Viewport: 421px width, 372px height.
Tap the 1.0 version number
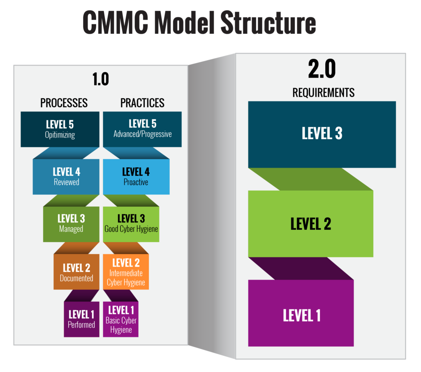click(x=100, y=79)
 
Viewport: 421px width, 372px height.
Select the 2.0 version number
click(x=322, y=70)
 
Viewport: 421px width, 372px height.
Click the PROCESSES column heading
click(x=64, y=103)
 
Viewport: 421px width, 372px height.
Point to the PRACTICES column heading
click(x=142, y=103)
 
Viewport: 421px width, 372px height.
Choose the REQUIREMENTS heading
click(x=323, y=92)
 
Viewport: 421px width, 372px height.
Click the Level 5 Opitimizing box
click(x=60, y=129)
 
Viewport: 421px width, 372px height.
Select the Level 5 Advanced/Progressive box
click(x=142, y=129)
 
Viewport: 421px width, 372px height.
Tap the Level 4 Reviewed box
click(x=66, y=176)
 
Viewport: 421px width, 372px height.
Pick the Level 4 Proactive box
click(x=136, y=176)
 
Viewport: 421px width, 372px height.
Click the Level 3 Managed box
click(x=71, y=224)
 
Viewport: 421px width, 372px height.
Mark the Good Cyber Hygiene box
click(x=131, y=224)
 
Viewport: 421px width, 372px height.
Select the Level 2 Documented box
click(x=76, y=272)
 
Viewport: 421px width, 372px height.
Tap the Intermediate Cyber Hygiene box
click(x=126, y=272)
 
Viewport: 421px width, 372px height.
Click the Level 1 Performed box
click(x=81, y=319)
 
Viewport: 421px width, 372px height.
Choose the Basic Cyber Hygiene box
click(x=121, y=319)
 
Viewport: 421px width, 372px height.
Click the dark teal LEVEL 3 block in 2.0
click(x=322, y=134)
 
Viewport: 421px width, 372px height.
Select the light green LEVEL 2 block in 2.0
click(x=310, y=224)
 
